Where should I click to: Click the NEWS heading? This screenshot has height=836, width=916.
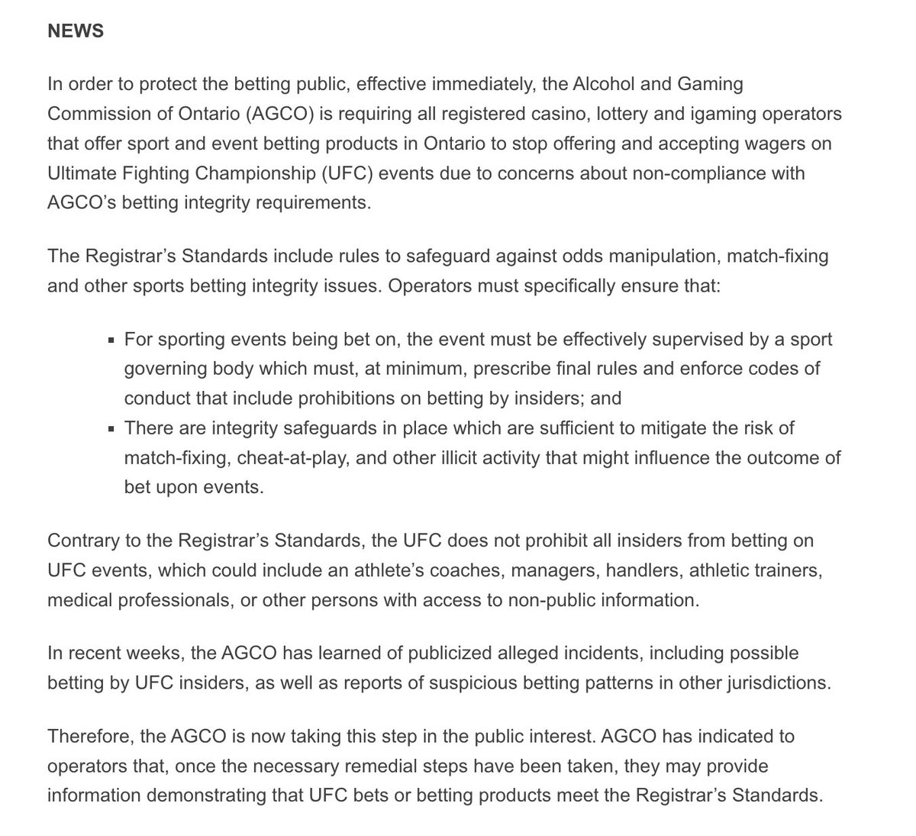point(75,31)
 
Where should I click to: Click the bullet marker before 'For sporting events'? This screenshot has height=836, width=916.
point(112,340)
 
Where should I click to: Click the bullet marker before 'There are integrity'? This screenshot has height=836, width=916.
point(112,429)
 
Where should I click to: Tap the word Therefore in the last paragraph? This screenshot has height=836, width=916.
point(89,737)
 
